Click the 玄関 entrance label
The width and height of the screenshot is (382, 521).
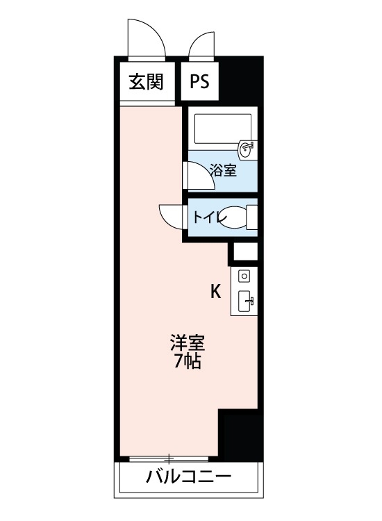[145, 82]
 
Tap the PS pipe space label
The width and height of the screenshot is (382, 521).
[199, 82]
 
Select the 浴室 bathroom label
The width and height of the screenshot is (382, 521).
[223, 169]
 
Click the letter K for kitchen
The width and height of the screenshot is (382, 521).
[216, 292]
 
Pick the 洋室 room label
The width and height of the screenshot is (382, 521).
[188, 343]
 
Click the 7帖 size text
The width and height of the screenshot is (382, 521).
[188, 361]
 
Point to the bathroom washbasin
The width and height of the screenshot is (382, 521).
[247, 149]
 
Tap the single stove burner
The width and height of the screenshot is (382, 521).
[244, 276]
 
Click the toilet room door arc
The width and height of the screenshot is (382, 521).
[171, 215]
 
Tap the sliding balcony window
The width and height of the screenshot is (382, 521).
[169, 458]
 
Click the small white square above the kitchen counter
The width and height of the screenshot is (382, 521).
[244, 251]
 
